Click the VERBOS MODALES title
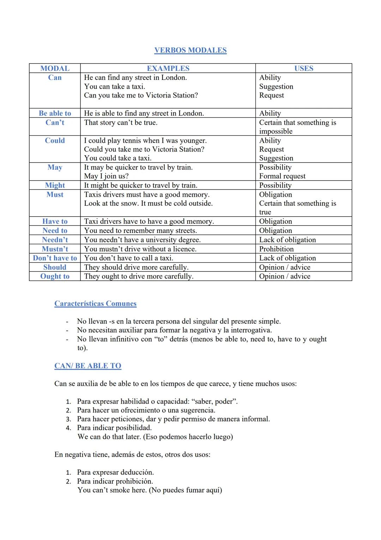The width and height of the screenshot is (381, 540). [190, 50]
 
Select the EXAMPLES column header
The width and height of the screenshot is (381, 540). [168, 69]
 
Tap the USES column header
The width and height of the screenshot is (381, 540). [304, 69]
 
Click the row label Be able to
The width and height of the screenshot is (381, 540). [55, 113]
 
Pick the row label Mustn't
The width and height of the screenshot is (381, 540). [55, 249]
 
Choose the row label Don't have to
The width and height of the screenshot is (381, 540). [55, 258]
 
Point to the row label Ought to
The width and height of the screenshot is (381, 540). [55, 277]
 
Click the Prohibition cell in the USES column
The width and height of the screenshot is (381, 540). [276, 249]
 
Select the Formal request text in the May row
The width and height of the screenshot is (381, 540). [282, 176]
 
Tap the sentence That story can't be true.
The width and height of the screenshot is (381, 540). [121, 123]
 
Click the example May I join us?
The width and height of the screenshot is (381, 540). [106, 176]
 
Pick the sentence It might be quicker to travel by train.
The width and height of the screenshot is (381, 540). [140, 186]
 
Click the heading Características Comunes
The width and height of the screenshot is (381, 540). [95, 304]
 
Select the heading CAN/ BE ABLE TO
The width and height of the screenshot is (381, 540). [87, 366]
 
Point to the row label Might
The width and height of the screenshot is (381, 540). [55, 186]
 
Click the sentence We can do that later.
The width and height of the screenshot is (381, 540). [109, 437]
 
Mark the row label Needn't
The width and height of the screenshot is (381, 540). [55, 240]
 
